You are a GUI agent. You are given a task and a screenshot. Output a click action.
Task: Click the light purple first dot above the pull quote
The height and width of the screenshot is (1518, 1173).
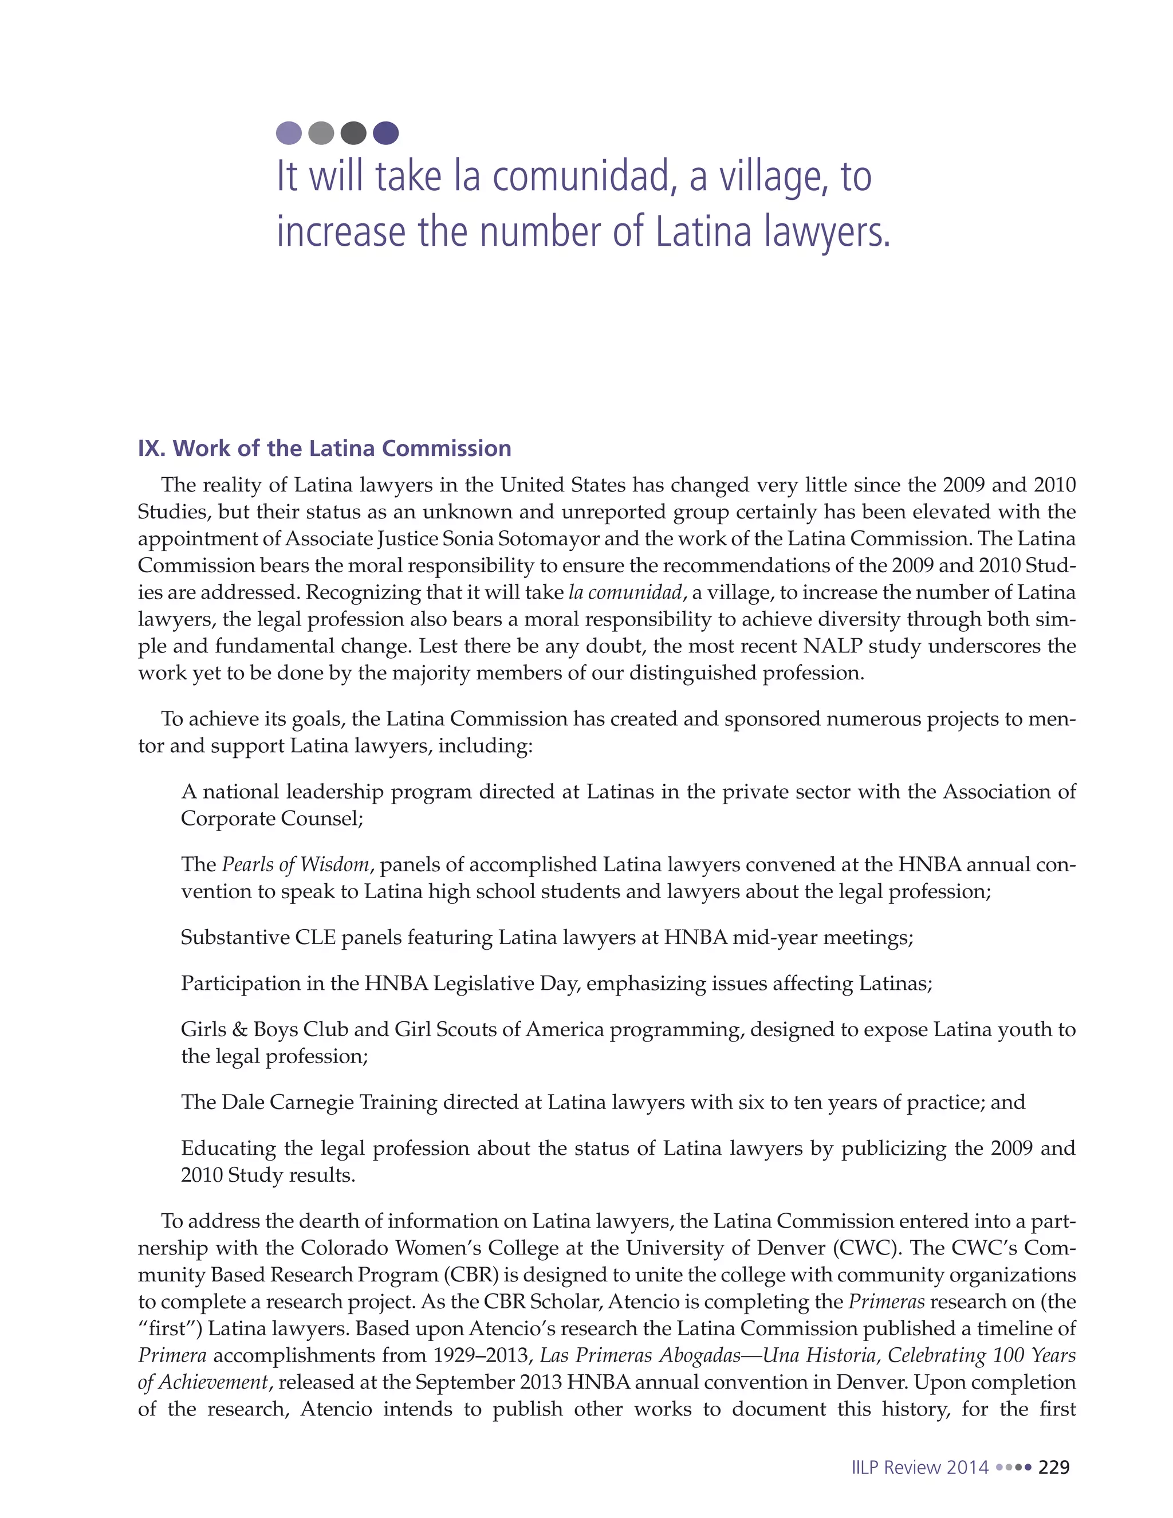coord(289,133)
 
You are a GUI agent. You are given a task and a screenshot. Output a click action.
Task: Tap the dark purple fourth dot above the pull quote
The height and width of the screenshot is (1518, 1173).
coord(385,133)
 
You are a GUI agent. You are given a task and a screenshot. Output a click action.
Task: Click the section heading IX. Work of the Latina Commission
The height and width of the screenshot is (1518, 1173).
coord(325,449)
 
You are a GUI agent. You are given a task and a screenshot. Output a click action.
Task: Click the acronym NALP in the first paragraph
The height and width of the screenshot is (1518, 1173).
coord(832,646)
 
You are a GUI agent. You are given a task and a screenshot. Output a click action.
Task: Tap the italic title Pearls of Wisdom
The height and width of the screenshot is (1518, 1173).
coord(296,864)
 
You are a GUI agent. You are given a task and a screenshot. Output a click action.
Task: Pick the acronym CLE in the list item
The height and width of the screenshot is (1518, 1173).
coord(316,937)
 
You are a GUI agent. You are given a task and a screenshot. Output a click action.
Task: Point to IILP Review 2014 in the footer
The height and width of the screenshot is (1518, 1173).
coord(919,1467)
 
